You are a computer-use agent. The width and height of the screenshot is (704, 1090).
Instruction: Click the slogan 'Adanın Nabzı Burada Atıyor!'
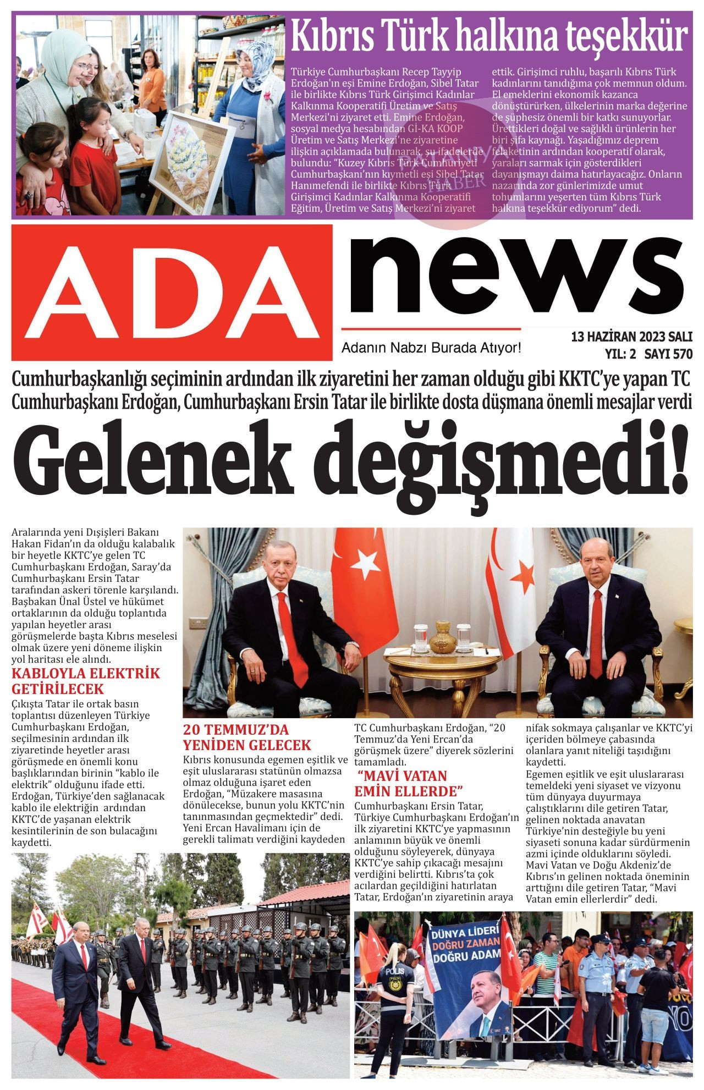point(431,348)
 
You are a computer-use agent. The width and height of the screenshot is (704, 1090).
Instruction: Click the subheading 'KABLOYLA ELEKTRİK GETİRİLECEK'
point(86,681)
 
